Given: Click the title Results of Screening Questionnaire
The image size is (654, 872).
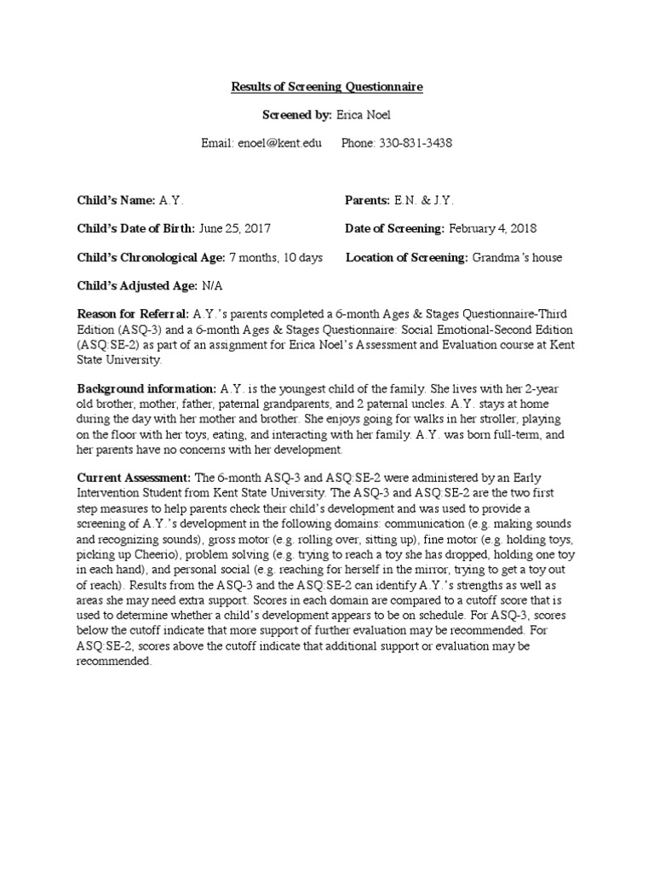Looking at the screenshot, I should pyautogui.click(x=327, y=87).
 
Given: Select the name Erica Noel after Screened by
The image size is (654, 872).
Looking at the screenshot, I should pyautogui.click(x=368, y=115).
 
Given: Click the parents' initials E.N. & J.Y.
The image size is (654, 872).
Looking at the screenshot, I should pyautogui.click(x=424, y=200).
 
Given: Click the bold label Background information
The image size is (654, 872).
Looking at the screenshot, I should pyautogui.click(x=146, y=387).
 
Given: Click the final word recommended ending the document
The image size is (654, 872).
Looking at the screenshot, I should pyautogui.click(x=113, y=661).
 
